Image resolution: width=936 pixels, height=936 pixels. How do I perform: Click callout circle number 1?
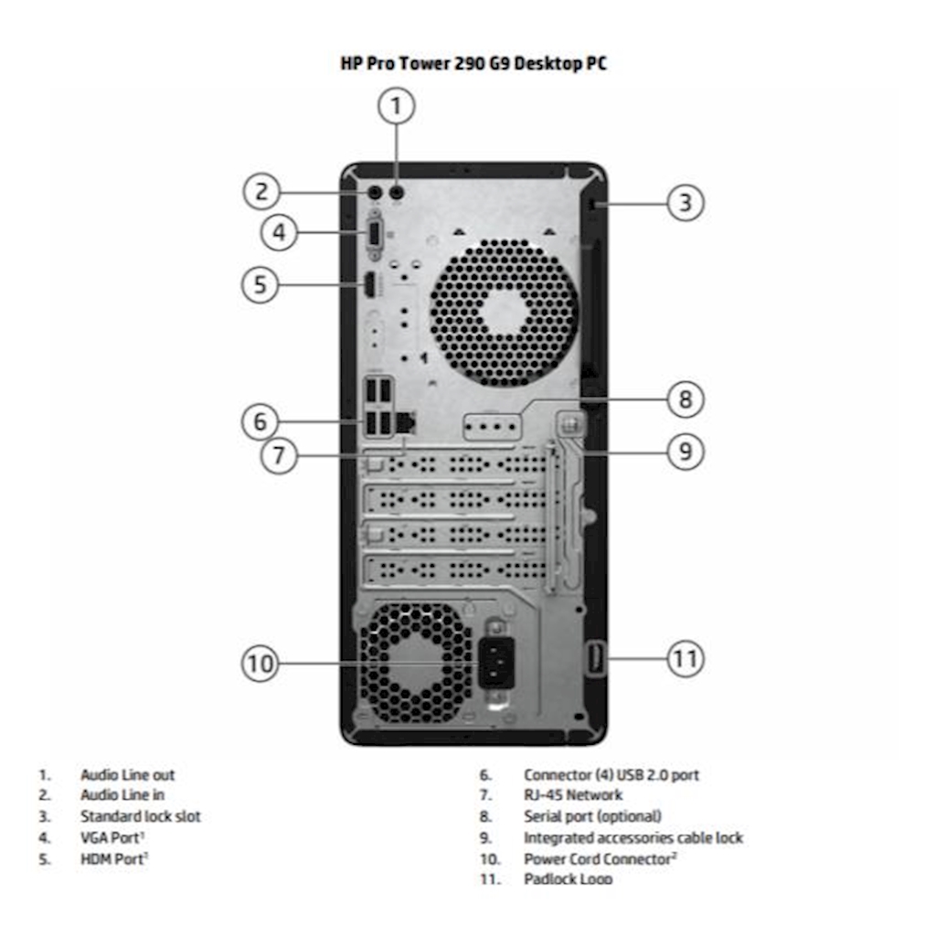pyautogui.click(x=396, y=107)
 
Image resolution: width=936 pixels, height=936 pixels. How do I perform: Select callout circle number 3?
pyautogui.click(x=685, y=202)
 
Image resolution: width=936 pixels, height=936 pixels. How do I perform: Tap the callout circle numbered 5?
pyautogui.click(x=261, y=284)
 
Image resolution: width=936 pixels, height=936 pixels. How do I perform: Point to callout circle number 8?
pyautogui.click(x=685, y=399)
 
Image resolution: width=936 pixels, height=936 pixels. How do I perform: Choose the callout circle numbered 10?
pyautogui.click(x=261, y=663)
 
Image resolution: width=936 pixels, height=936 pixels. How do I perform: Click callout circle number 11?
pyautogui.click(x=685, y=658)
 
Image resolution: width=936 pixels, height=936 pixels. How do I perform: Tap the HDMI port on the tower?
pyautogui.click(x=368, y=285)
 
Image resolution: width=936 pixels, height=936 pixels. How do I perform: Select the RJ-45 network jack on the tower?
pyautogui.click(x=409, y=422)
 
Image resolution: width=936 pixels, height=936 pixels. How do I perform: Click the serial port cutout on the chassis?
pyautogui.click(x=492, y=426)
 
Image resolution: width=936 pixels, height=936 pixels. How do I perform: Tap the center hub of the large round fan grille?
pyautogui.click(x=504, y=313)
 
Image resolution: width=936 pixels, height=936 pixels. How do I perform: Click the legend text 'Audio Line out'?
pyautogui.click(x=127, y=775)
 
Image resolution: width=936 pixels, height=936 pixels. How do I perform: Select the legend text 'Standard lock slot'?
pyautogui.click(x=140, y=816)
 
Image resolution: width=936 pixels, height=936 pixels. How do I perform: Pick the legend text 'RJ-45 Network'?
pyautogui.click(x=572, y=795)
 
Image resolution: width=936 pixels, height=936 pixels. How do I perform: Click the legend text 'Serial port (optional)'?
pyautogui.click(x=591, y=816)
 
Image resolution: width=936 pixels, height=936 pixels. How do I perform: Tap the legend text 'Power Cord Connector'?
pyautogui.click(x=598, y=858)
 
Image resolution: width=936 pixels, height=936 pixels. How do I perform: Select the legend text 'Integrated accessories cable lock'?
pyautogui.click(x=633, y=837)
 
